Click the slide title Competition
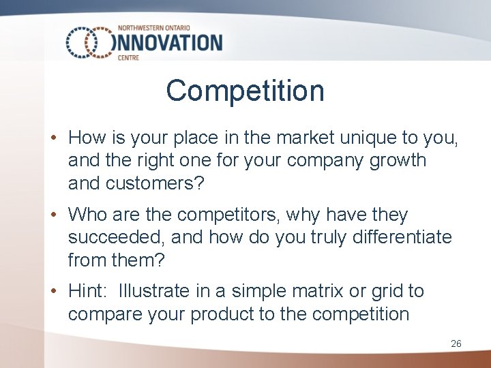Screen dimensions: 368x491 (x=245, y=91)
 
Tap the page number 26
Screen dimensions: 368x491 (x=456, y=343)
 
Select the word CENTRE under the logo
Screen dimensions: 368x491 (x=128, y=58)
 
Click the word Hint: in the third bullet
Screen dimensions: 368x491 (x=89, y=292)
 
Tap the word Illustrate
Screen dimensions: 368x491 (x=154, y=292)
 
